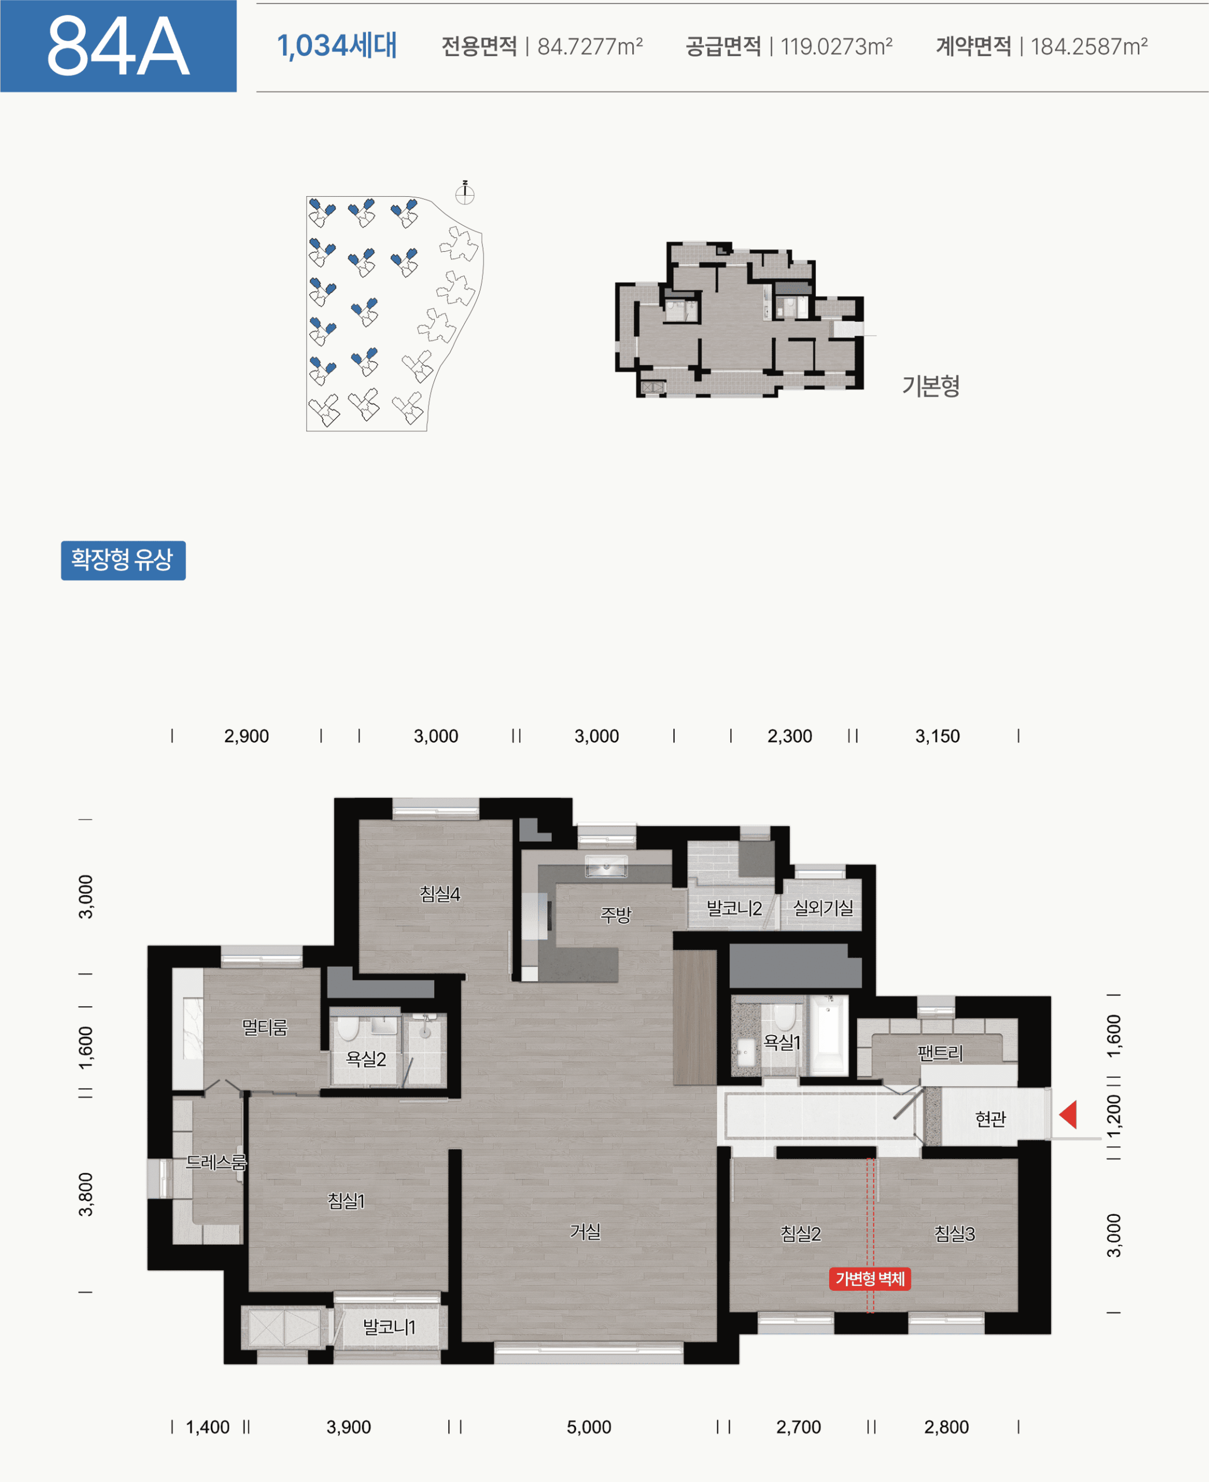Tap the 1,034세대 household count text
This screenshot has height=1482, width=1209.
[337, 46]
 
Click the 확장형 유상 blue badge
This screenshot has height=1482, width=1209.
[123, 560]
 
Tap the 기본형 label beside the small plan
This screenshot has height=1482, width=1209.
[930, 385]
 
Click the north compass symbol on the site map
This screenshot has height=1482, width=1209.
[464, 193]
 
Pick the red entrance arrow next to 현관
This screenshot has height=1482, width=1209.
[1068, 1114]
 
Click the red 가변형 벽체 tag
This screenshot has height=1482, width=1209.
[870, 1279]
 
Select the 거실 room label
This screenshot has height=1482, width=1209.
[585, 1231]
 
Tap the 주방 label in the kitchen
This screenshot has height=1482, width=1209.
[616, 914]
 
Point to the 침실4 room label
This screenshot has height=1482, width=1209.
[440, 894]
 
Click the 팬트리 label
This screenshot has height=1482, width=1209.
[940, 1052]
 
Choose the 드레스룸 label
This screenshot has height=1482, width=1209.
[216, 1162]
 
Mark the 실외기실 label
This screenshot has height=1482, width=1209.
[823, 908]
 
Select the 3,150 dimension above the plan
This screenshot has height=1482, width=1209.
[937, 736]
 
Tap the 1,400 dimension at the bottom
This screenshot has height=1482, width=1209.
[207, 1427]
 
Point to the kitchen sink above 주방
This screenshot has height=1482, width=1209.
[606, 867]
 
